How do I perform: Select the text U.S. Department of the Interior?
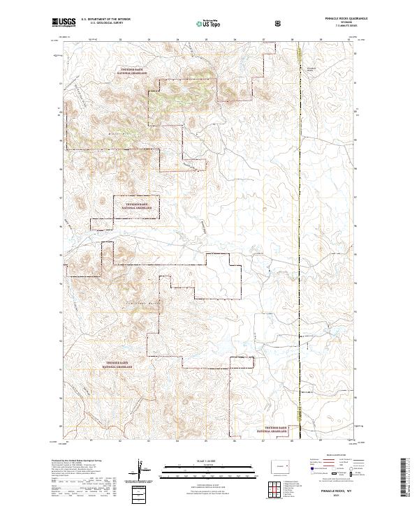[x=105, y=20]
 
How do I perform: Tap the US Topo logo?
[x=209, y=23]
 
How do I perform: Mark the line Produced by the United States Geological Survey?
[x=74, y=460]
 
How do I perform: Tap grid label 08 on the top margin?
[x=292, y=40]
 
